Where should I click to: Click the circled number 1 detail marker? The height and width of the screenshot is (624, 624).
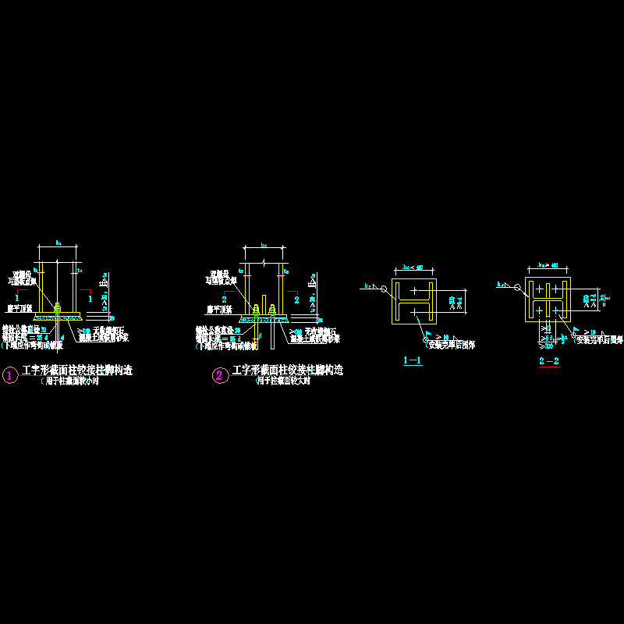pyautogui.click(x=10, y=375)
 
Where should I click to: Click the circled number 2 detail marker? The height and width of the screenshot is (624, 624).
pyautogui.click(x=219, y=375)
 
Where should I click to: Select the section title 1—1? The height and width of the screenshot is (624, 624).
pyautogui.click(x=413, y=360)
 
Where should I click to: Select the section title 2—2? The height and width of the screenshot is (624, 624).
pyautogui.click(x=549, y=361)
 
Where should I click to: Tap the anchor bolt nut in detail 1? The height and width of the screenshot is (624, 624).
pyautogui.click(x=57, y=307)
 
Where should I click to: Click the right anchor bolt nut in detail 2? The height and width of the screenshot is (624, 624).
pyautogui.click(x=271, y=309)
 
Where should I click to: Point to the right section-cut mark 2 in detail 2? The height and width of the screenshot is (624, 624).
pyautogui.click(x=296, y=300)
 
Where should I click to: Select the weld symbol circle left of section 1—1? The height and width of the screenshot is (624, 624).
pyautogui.click(x=384, y=289)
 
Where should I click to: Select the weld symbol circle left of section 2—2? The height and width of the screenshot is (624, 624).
pyautogui.click(x=516, y=286)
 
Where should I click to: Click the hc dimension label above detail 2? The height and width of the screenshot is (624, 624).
pyautogui.click(x=264, y=246)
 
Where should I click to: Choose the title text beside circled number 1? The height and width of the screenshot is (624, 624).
pyautogui.click(x=77, y=371)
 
